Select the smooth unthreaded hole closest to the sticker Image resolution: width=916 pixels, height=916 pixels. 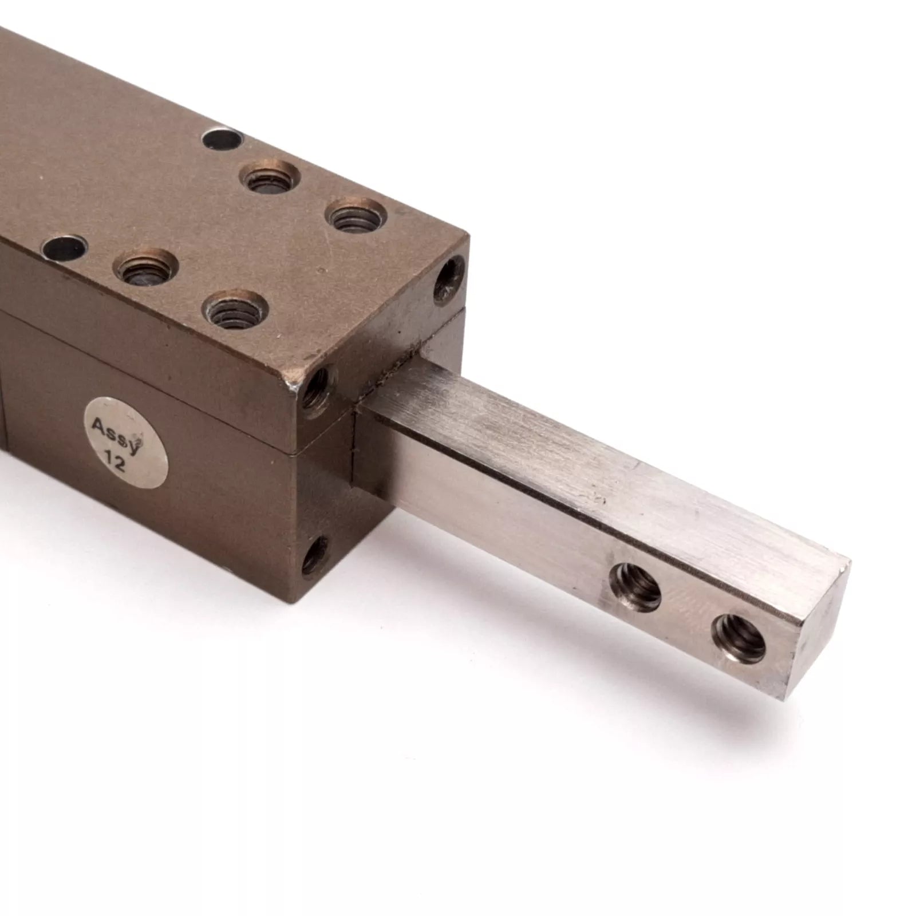pyautogui.click(x=64, y=250)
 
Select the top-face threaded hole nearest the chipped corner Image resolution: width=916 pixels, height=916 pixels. pyautogui.click(x=236, y=310)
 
